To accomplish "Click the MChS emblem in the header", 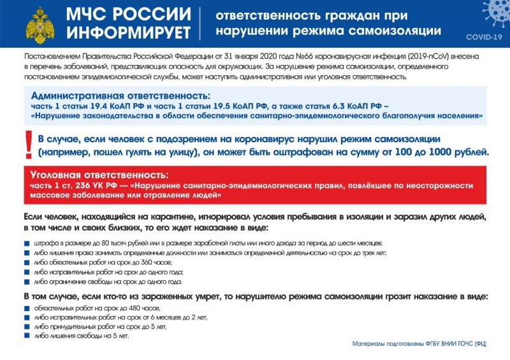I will tap(40, 24).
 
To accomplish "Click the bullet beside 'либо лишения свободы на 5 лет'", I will tap(27, 336).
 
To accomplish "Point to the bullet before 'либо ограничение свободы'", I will tap(27, 282).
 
